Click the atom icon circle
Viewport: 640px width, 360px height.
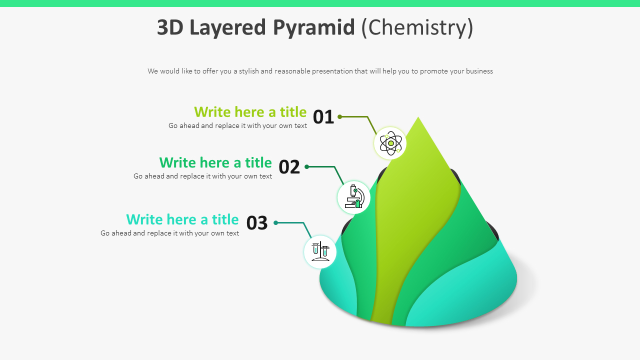click(x=390, y=143)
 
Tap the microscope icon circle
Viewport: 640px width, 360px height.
click(x=354, y=197)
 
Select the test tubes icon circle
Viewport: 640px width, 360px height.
click(x=320, y=251)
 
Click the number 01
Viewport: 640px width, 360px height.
click(x=323, y=117)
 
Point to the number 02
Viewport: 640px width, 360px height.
click(x=289, y=167)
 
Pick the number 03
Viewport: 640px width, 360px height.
click(x=257, y=223)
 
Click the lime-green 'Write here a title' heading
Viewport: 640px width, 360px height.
click(x=250, y=111)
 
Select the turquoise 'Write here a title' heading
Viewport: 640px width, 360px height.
click(x=182, y=219)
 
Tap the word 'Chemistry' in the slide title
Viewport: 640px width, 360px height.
click(x=417, y=27)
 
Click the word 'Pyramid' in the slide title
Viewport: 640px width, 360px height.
click(x=313, y=27)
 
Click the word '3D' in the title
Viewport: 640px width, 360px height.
click(x=170, y=27)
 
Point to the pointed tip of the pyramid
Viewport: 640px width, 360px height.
click(x=418, y=119)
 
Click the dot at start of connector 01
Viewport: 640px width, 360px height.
click(x=339, y=116)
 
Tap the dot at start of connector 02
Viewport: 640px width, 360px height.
click(x=306, y=166)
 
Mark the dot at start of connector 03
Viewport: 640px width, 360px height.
click(x=275, y=222)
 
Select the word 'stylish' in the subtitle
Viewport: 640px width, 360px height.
click(x=248, y=71)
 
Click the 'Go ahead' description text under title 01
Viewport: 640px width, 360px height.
click(x=237, y=125)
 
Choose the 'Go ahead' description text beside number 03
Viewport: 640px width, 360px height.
click(x=169, y=233)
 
